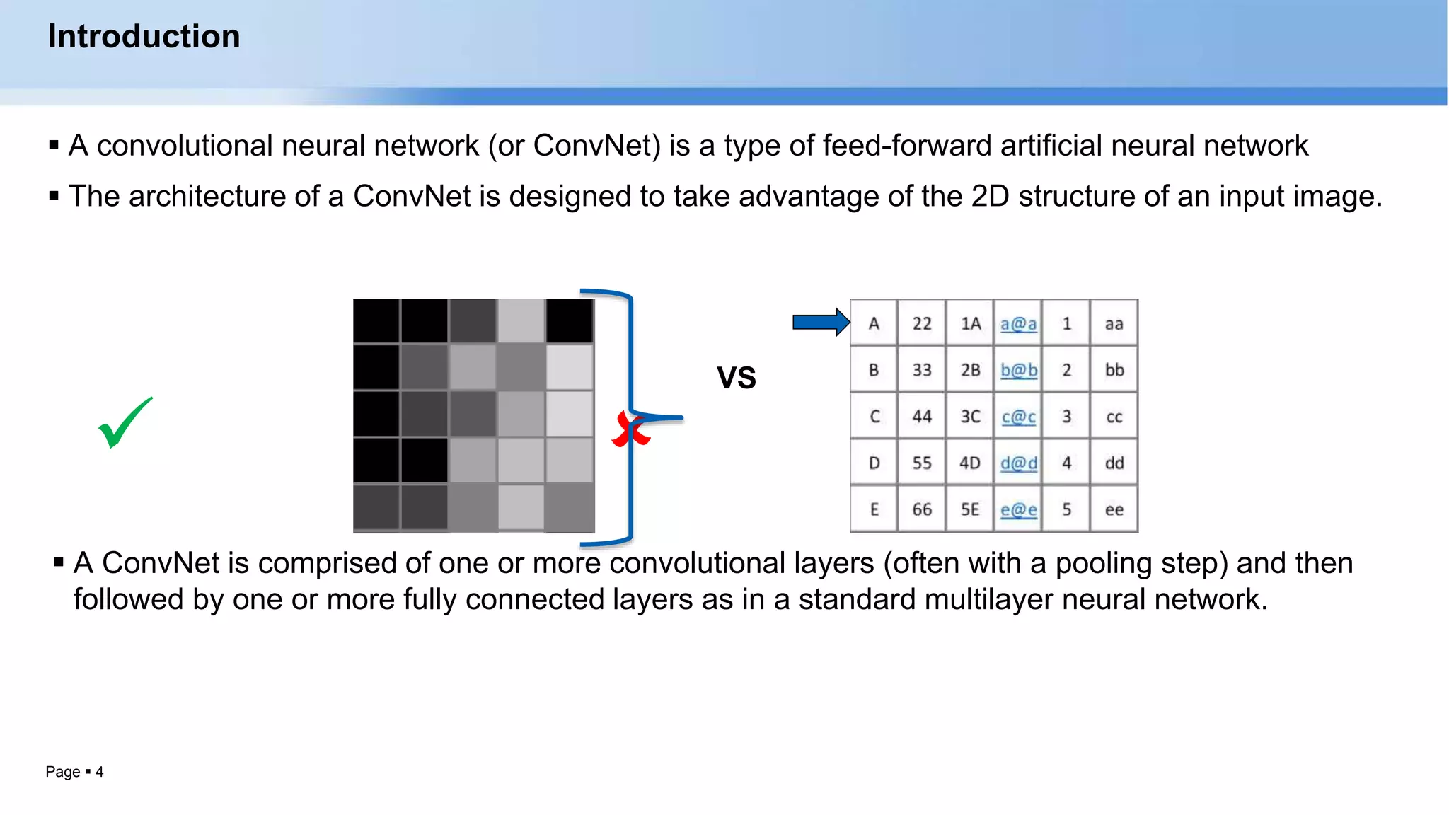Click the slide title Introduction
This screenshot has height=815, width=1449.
coord(144,36)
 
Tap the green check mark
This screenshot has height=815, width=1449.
coord(125,422)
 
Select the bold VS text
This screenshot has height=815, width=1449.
coord(736,378)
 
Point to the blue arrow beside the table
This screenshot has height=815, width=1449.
coord(820,323)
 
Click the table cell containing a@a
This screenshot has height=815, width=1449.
coord(1018,324)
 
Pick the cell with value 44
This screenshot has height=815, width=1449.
coord(921,417)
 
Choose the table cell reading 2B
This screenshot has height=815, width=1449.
coord(970,370)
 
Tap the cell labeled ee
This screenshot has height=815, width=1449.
coord(1114,509)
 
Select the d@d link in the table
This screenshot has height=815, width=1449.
coord(1018,463)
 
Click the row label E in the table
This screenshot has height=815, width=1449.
coord(874,509)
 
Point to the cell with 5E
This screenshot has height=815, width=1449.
coord(970,509)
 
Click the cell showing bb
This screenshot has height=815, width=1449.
coord(1114,370)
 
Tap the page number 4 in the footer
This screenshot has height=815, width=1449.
coord(100,772)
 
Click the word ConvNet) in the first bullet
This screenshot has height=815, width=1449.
coord(596,146)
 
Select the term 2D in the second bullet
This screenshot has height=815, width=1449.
coord(989,197)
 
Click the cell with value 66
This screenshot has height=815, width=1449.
coord(921,509)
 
